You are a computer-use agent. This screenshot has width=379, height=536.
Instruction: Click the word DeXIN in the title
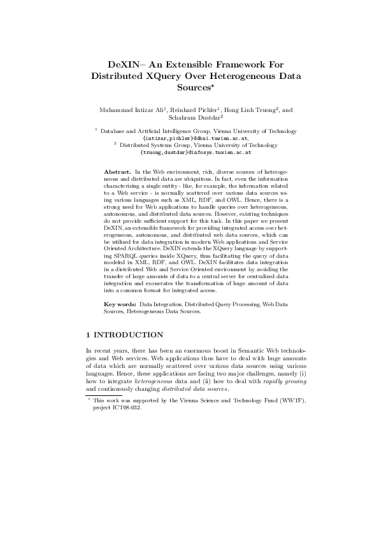point(124,64)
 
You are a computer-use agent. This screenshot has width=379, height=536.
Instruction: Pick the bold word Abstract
point(117,173)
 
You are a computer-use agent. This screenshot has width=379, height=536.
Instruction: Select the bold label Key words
point(119,306)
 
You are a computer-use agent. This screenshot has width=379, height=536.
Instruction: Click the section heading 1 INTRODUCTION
point(124,335)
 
